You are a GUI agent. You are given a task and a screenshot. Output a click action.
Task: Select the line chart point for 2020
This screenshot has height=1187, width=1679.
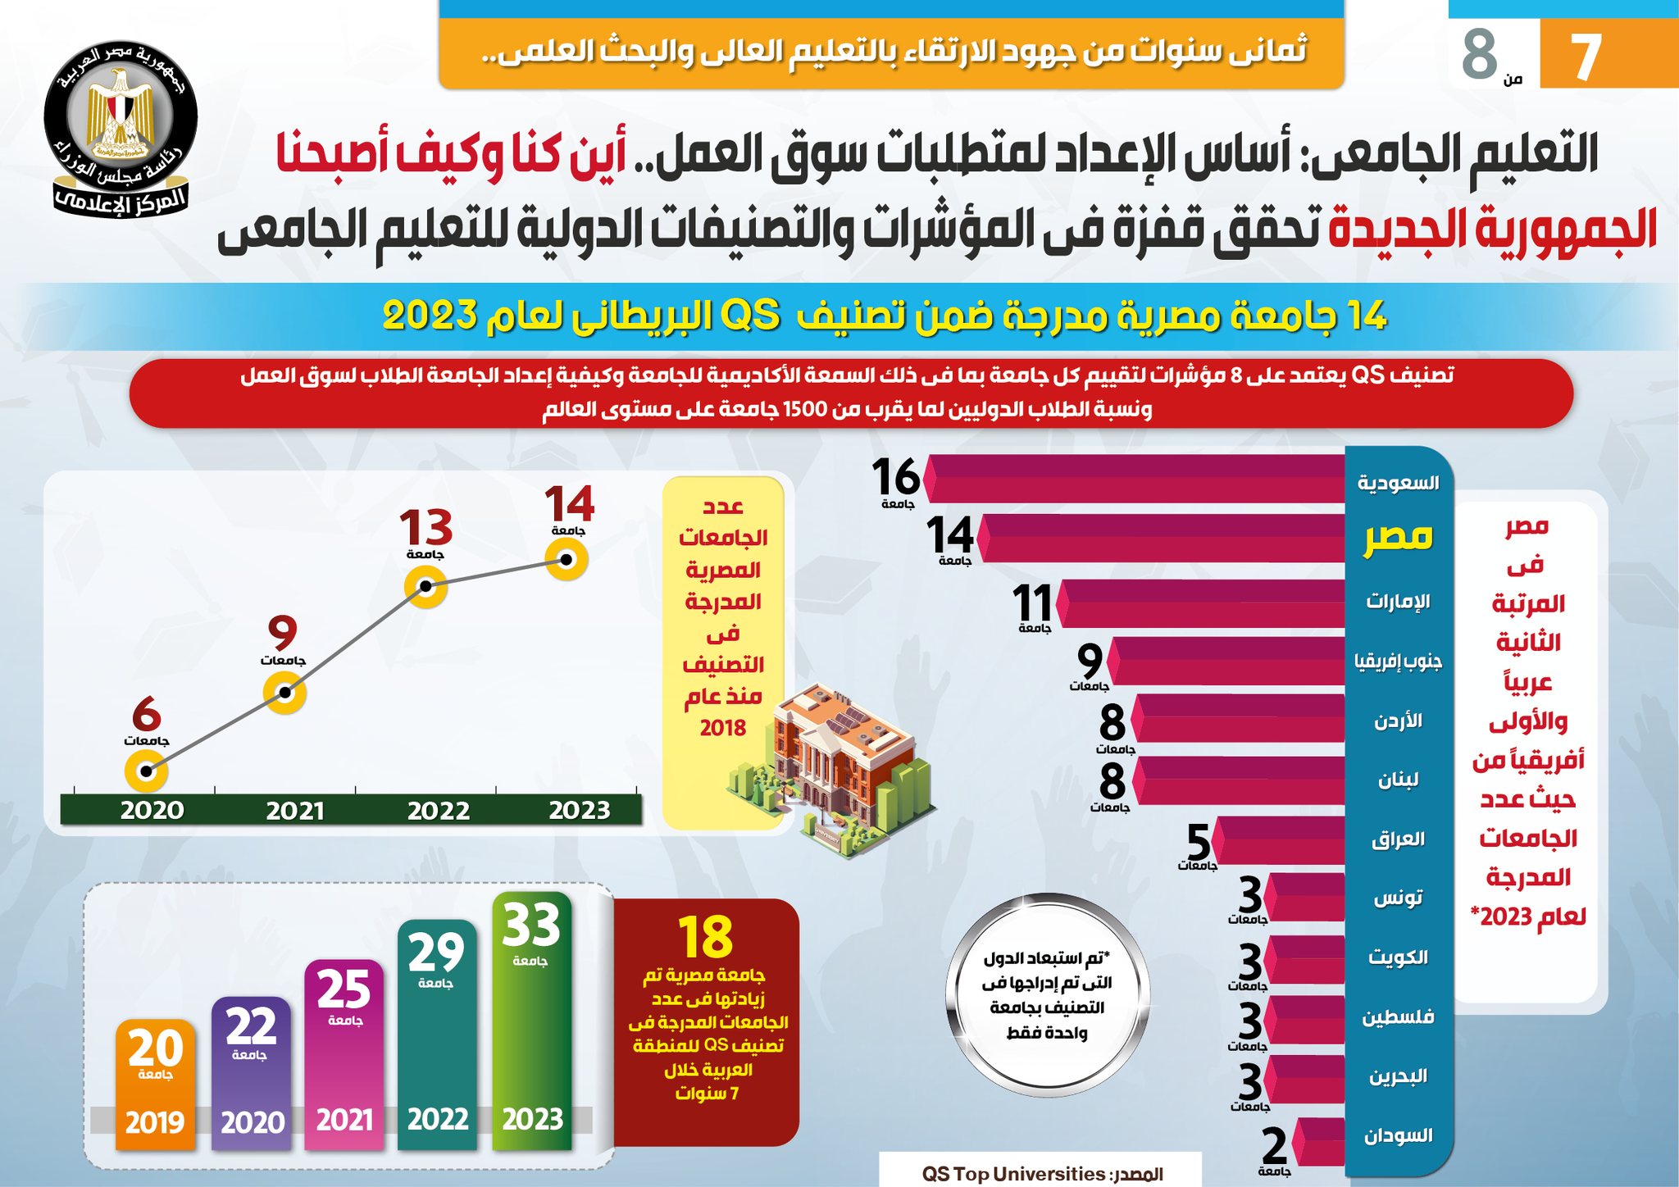pos(146,771)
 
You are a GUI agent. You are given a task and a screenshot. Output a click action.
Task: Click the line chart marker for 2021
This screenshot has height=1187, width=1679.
pos(284,693)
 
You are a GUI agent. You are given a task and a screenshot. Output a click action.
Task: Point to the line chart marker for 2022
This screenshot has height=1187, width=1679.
pos(425,586)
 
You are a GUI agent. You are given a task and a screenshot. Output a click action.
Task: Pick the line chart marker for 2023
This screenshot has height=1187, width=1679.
pos(566,560)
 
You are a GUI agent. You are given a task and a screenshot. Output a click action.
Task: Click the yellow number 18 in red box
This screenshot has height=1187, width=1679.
pos(706,937)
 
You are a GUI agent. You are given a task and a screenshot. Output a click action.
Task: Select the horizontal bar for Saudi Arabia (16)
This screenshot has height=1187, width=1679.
pos(1135,479)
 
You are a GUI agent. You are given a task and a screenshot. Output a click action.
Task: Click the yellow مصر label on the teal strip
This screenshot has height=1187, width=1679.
pos(1398,537)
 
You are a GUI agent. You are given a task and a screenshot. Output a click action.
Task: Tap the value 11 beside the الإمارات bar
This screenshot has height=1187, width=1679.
pos(1032,604)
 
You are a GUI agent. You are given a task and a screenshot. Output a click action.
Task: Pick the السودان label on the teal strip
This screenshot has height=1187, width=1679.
pos(1398,1135)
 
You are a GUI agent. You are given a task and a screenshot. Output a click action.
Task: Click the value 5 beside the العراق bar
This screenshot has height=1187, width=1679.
pos(1198,841)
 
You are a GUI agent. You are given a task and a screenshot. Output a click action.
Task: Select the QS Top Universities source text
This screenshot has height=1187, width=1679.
pos(1041,1174)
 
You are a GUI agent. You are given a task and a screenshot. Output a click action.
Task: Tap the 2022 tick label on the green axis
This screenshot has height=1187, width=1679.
pos(439,811)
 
